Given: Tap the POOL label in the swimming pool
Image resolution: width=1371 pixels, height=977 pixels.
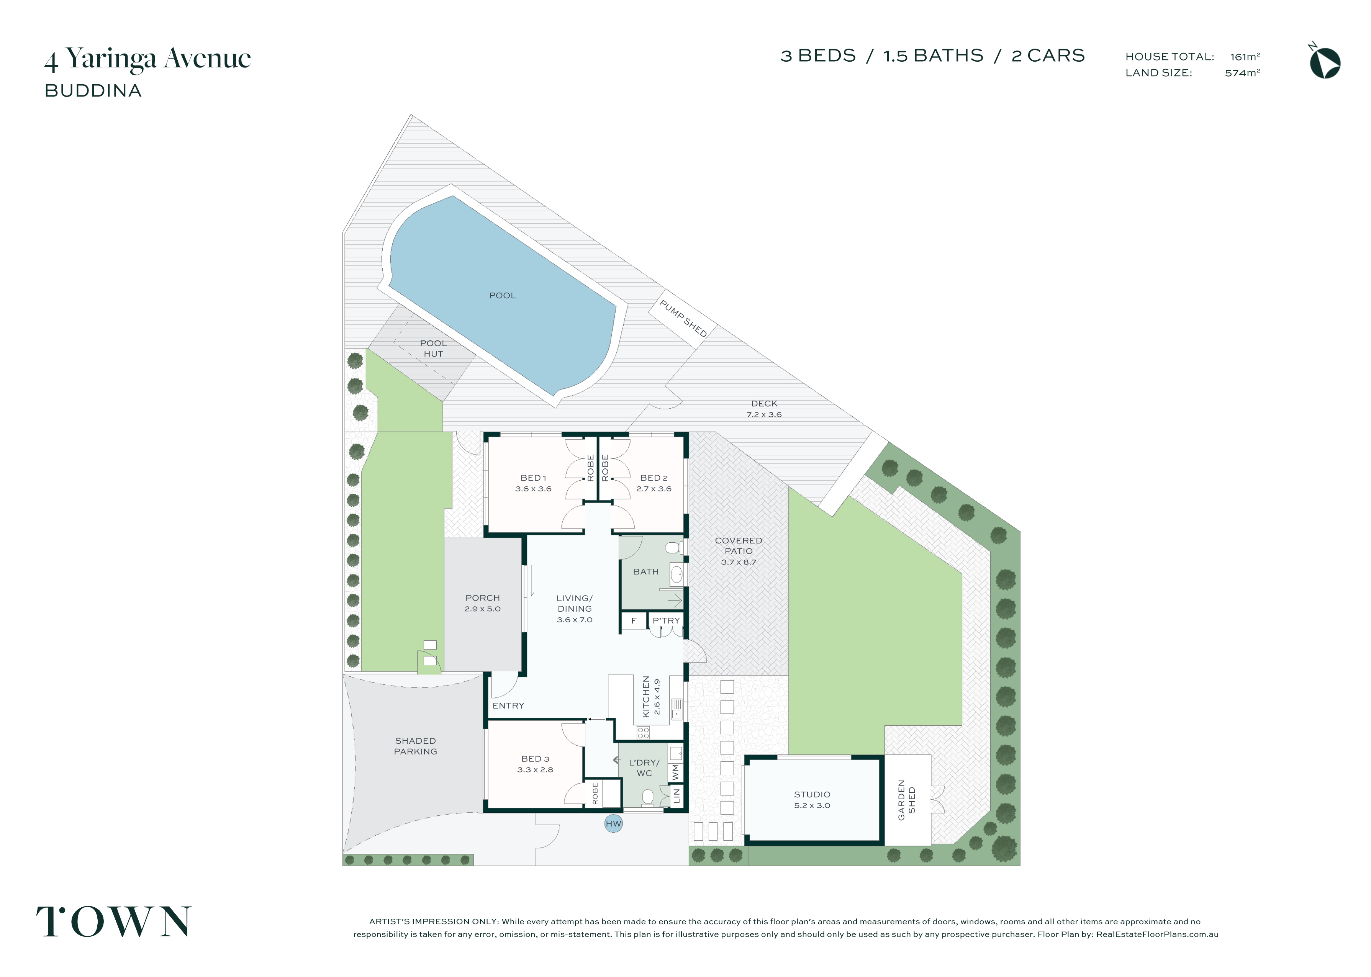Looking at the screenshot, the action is [502, 295].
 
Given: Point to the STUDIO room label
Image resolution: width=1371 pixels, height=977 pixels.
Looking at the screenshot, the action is [812, 795].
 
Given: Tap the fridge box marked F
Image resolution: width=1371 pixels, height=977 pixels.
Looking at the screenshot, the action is [634, 621].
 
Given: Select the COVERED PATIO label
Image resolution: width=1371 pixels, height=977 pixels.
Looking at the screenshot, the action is [739, 546].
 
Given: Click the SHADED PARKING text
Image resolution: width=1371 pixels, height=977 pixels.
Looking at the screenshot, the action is [416, 746].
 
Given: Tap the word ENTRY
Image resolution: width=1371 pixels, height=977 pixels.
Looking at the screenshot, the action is [508, 706].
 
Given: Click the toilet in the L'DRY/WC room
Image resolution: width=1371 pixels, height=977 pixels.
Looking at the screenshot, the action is [647, 798].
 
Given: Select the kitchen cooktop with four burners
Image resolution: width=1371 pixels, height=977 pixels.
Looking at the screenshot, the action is [643, 733].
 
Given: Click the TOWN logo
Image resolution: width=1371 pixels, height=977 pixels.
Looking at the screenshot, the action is [114, 921].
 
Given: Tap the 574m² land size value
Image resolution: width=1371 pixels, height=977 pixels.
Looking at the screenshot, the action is [1242, 73].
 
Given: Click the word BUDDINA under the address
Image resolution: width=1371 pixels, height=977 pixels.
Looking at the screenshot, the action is [93, 91].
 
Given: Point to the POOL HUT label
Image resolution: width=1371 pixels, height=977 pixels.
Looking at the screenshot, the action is [433, 349].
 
